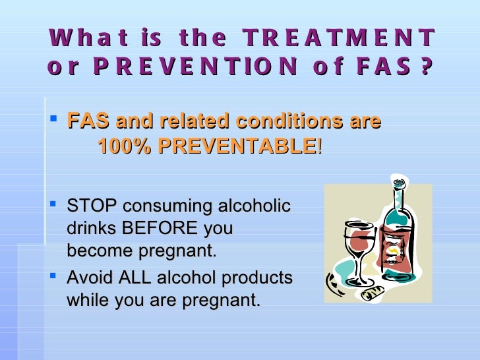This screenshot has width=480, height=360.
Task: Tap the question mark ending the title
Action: coord(425,67)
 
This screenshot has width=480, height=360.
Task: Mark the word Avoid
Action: coord(88,278)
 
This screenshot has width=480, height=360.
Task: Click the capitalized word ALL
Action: coord(134,278)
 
